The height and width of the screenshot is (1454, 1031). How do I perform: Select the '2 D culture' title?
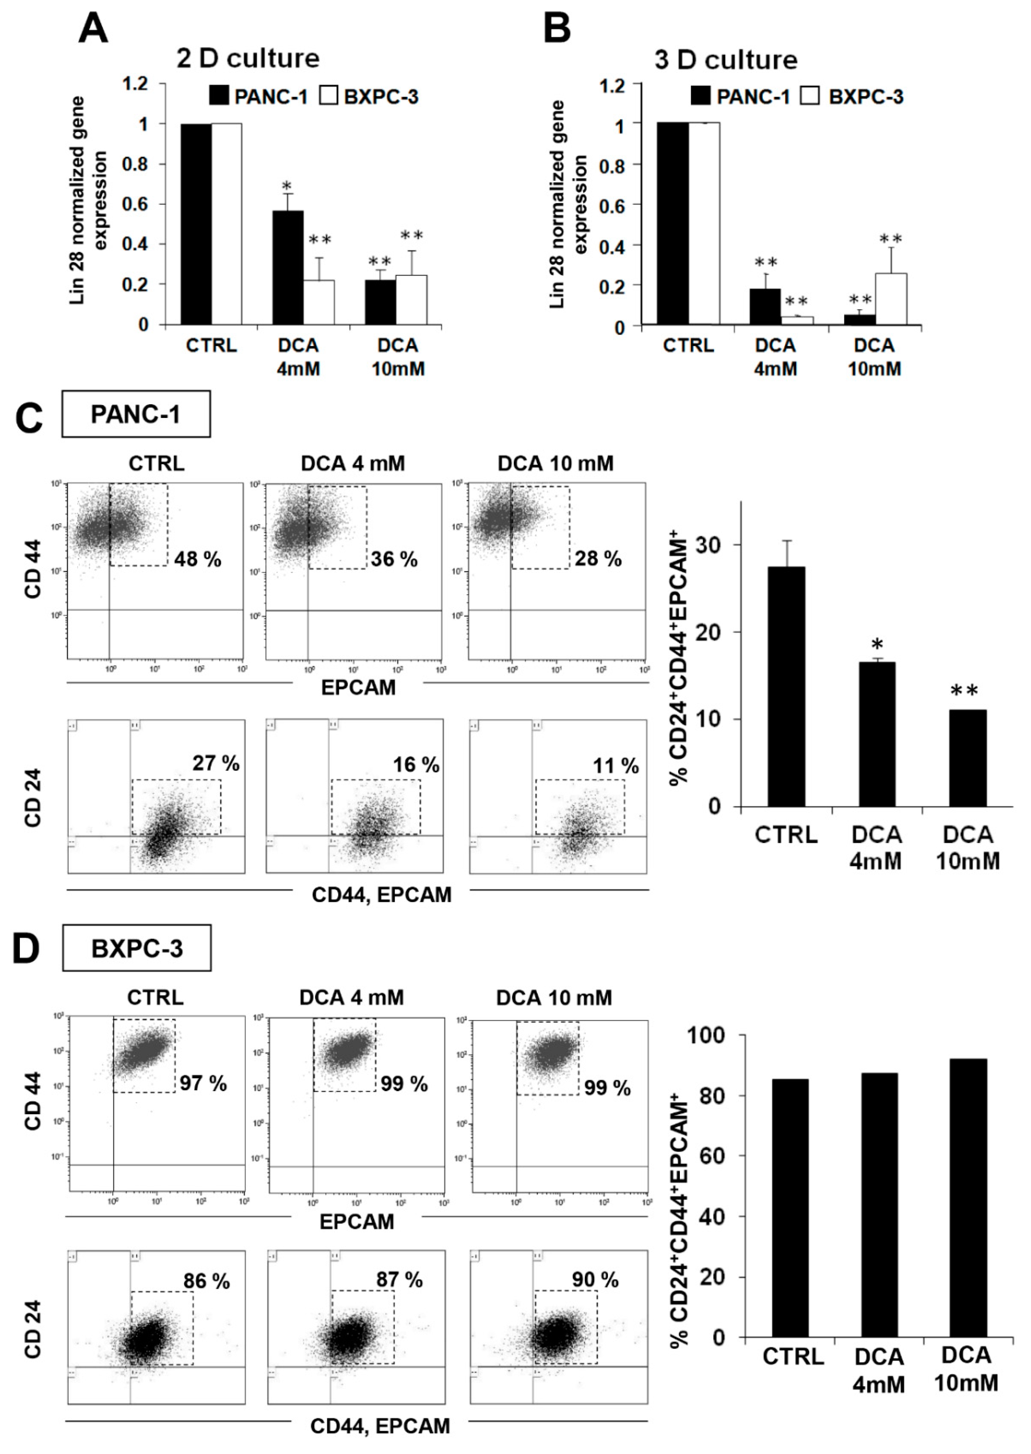pos(248,58)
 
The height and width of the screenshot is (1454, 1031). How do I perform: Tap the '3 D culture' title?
pos(726,60)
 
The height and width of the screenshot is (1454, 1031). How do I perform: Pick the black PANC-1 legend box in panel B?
pos(701,97)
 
